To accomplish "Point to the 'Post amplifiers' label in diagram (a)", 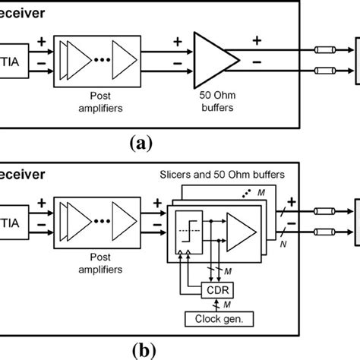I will pyautogui.click(x=100, y=99).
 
